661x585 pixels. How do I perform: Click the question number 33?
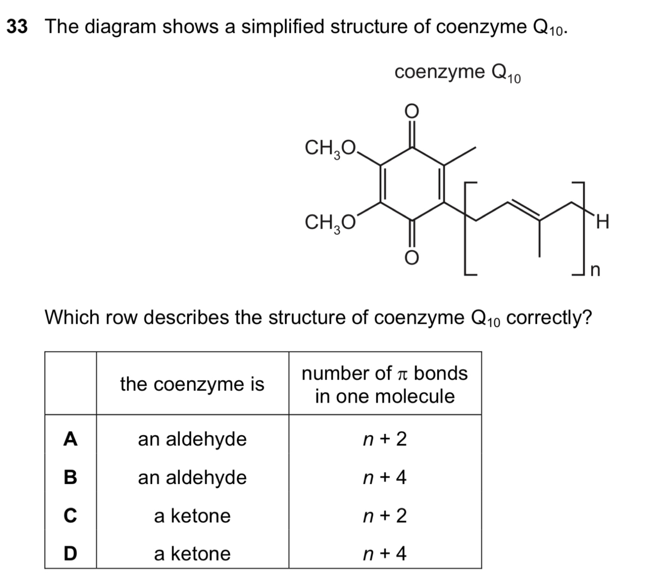[x=17, y=26]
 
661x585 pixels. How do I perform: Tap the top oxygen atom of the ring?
[x=411, y=112]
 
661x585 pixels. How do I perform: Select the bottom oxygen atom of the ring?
[x=411, y=258]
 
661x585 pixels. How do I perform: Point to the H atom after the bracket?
[x=603, y=222]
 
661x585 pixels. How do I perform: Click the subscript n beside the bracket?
[x=595, y=270]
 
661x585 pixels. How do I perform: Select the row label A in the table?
[x=71, y=438]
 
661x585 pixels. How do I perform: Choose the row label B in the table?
[x=71, y=477]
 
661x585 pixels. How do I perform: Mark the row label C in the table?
[x=71, y=515]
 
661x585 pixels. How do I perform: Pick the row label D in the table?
[x=71, y=553]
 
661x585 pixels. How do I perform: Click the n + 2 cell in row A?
[x=385, y=439]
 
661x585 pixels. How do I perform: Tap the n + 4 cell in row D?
[x=385, y=554]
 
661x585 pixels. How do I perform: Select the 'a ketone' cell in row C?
[x=192, y=516]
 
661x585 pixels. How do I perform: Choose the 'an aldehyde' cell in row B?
[x=192, y=478]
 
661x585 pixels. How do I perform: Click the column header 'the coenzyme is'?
[x=192, y=384]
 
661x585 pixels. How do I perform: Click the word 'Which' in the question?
[x=72, y=317]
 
